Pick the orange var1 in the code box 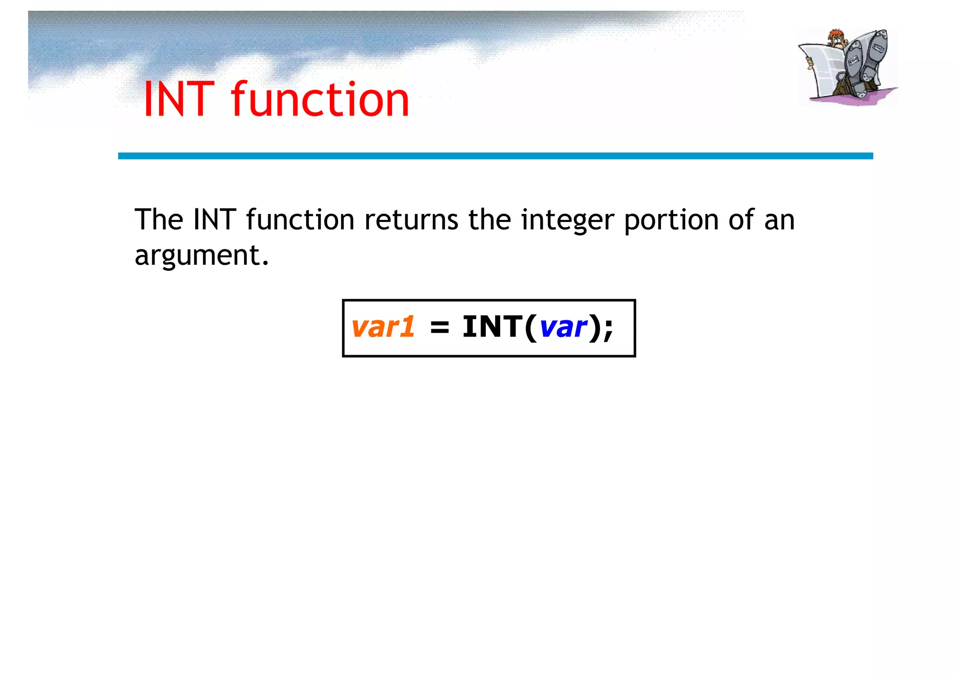[x=383, y=327]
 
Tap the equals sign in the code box [x=439, y=328]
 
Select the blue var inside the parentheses [x=563, y=327]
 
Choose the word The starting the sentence [x=158, y=220]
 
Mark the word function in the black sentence [x=300, y=220]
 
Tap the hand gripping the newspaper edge [x=810, y=62]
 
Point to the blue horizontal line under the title [x=495, y=156]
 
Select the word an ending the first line [x=779, y=220]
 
